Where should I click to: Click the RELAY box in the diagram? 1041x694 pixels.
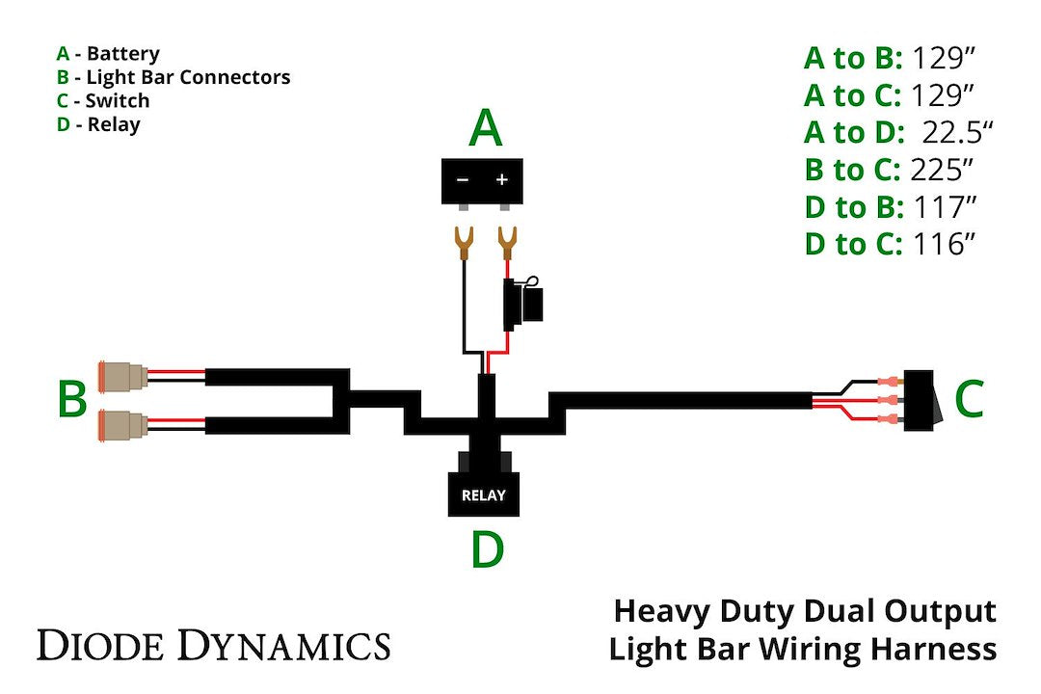point(483,494)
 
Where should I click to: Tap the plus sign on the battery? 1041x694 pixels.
point(501,180)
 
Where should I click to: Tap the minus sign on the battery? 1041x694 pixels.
point(463,180)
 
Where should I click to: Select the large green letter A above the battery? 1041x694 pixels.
point(485,127)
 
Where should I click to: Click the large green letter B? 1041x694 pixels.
point(72,399)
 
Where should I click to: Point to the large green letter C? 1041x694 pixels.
point(969,399)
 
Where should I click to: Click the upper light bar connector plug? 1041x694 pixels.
point(122,375)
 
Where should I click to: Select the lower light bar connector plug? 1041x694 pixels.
point(122,422)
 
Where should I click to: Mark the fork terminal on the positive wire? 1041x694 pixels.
point(503,242)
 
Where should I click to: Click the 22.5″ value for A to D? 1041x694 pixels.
point(944,133)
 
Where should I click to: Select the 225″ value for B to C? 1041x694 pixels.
point(942,171)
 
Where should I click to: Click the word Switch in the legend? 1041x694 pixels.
point(117,100)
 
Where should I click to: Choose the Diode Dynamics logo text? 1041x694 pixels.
point(213,644)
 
